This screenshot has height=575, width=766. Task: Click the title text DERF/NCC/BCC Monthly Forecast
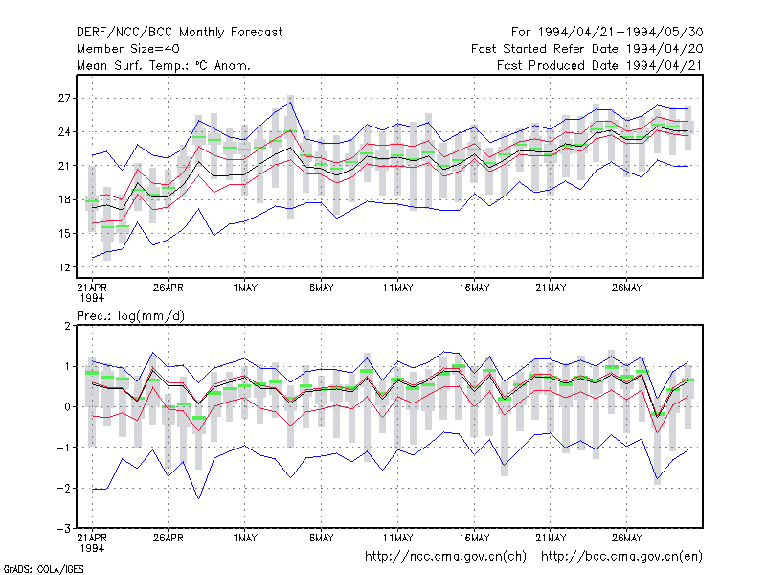179,33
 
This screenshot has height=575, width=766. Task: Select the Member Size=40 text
128,49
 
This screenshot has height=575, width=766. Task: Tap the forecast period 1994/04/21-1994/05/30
620,33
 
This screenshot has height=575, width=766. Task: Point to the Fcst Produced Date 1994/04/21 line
600,65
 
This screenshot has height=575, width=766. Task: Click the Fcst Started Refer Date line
587,49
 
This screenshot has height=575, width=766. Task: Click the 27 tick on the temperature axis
64,99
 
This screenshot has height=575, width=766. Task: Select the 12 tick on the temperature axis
64,267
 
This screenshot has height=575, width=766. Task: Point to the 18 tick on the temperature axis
64,199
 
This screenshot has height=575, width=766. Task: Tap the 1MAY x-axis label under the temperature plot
245,288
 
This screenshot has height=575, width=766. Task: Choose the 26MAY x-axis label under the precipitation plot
627,538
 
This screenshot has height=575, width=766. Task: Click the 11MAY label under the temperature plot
397,288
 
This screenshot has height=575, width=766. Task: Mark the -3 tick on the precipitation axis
63,529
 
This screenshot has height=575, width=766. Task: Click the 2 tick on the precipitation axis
67,326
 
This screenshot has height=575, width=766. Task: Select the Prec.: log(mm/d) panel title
130,316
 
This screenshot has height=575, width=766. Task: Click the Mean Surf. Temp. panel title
164,65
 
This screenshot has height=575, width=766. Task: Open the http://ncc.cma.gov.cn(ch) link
445,557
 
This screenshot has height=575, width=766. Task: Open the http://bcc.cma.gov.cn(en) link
621,557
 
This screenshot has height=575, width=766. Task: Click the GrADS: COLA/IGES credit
43,569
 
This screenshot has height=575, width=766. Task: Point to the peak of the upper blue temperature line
291,103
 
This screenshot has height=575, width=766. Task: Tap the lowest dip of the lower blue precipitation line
199,498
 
